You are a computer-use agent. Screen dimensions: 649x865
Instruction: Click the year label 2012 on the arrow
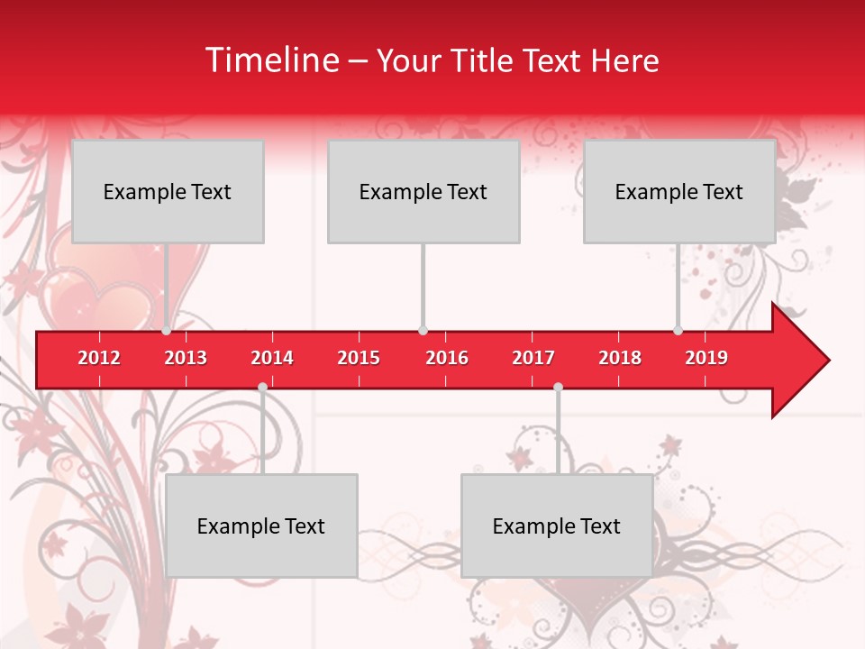pyautogui.click(x=99, y=358)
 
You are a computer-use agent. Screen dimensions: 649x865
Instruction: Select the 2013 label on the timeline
pyautogui.click(x=186, y=358)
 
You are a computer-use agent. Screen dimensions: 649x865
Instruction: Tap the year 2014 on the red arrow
pyautogui.click(x=272, y=358)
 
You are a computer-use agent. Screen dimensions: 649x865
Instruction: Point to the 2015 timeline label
pyautogui.click(x=359, y=358)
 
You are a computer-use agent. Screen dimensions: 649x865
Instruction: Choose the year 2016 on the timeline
pyautogui.click(x=447, y=358)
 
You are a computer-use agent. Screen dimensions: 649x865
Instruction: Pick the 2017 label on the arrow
pyautogui.click(x=533, y=358)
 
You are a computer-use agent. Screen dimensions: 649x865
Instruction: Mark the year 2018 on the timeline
pyautogui.click(x=620, y=358)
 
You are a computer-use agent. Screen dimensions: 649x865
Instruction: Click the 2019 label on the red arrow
pyautogui.click(x=706, y=358)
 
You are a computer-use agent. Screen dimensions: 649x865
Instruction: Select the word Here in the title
pyautogui.click(x=624, y=60)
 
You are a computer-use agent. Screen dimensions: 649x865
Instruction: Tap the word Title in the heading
pyautogui.click(x=484, y=60)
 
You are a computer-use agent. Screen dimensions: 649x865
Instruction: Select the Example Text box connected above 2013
pyautogui.click(x=168, y=191)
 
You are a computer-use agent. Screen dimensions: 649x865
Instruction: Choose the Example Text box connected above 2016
pyautogui.click(x=423, y=191)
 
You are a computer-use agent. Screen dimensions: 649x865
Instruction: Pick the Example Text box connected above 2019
pyautogui.click(x=679, y=191)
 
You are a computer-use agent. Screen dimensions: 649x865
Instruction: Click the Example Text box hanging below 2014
pyautogui.click(x=261, y=526)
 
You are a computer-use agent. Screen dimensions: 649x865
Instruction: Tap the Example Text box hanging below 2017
pyautogui.click(x=557, y=526)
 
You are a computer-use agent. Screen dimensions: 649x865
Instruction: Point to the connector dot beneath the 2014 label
pyautogui.click(x=262, y=388)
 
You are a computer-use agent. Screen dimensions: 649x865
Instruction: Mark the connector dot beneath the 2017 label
pyautogui.click(x=558, y=388)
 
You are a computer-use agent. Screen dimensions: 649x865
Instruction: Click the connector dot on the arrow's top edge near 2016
pyautogui.click(x=423, y=331)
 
